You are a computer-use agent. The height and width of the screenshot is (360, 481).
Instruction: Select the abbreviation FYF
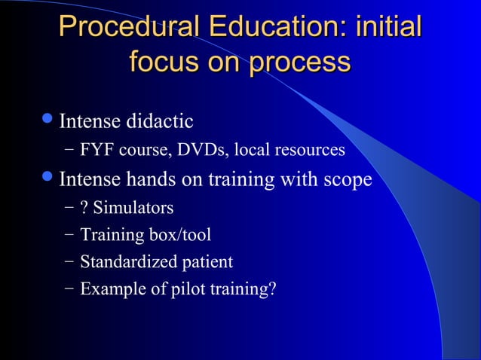(96, 151)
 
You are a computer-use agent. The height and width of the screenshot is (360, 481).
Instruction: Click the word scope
(348, 181)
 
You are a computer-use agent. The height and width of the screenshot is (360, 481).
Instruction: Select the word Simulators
(133, 207)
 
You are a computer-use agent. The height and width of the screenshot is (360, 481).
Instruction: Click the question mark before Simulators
(84, 207)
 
